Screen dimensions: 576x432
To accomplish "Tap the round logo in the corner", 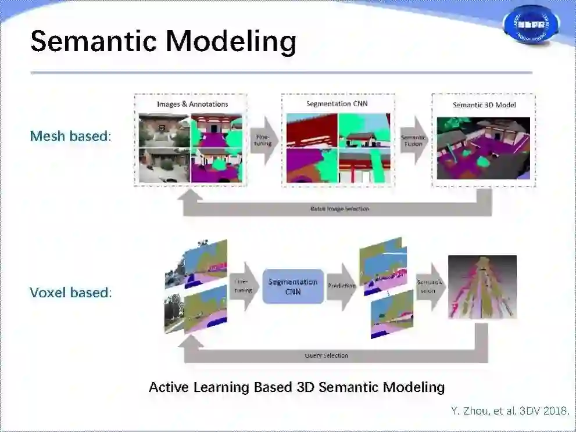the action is (531, 24).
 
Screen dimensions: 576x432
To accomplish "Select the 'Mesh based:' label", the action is (70, 136).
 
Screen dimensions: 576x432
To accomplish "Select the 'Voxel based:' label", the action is (70, 292).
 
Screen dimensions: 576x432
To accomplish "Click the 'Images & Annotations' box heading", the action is (192, 104).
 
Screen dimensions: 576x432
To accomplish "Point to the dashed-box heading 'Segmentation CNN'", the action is (337, 103).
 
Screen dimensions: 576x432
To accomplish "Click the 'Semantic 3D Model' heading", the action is (484, 105).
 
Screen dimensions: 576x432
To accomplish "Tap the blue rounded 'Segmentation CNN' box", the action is (293, 286).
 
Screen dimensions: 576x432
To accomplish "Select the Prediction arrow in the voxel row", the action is (341, 287).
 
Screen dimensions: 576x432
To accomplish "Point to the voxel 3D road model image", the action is (482, 287).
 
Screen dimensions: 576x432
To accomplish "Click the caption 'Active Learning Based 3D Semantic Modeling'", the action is (296, 387).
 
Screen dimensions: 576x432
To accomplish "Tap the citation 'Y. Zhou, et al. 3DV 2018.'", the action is (510, 411).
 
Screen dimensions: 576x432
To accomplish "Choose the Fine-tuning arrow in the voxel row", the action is (244, 286).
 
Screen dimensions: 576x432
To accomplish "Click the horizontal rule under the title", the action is (281, 73).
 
